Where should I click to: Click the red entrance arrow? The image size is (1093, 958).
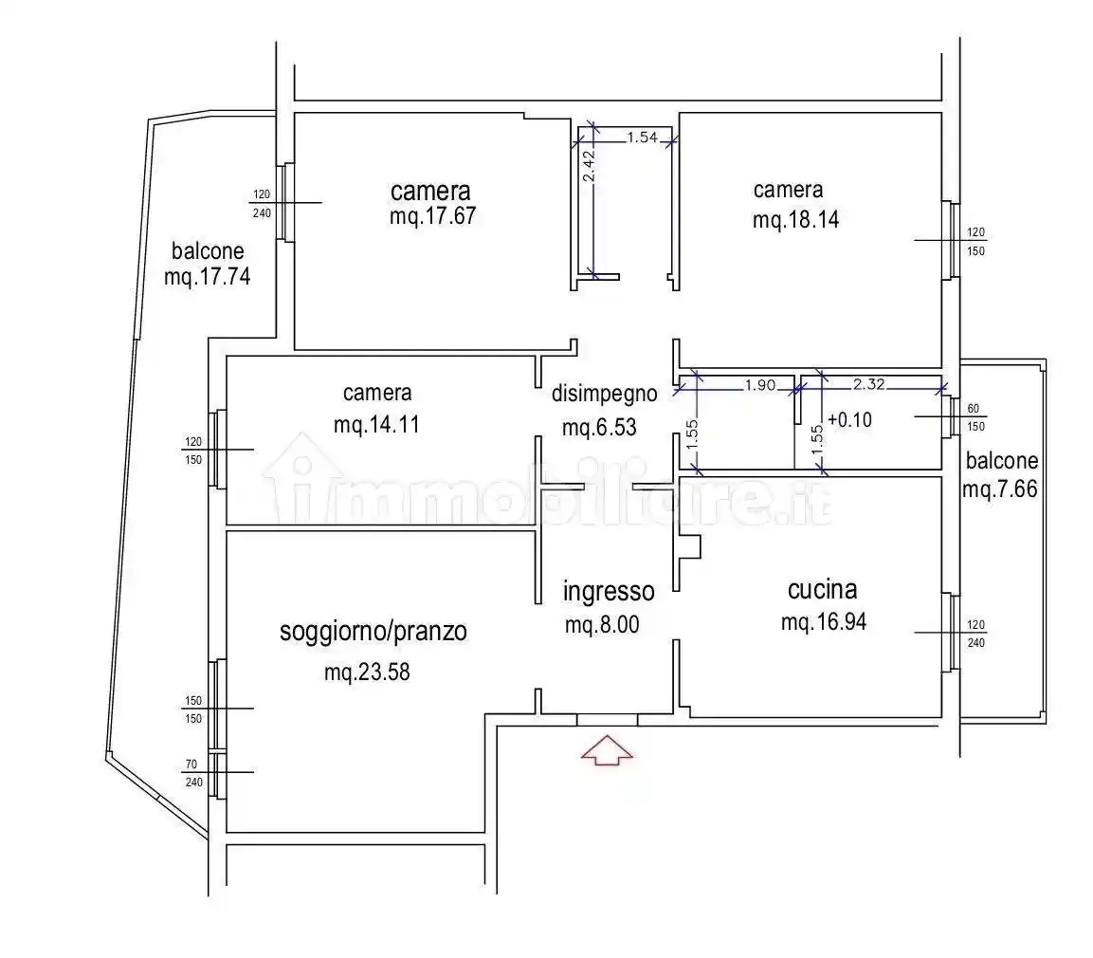coord(607,750)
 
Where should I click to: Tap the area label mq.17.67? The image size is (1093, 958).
coord(433,216)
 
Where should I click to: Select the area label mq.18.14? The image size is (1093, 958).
coord(795,220)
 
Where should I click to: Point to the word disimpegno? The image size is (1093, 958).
coord(605,394)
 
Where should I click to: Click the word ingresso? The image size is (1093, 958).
coord(609,592)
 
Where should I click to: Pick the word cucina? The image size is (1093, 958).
coord(823,590)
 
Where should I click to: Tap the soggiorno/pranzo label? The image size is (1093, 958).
coord(373,632)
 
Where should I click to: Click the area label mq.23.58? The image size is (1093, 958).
coord(367,672)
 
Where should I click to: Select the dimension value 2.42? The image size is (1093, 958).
coord(589,167)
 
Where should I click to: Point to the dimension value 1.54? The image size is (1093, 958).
coord(642,138)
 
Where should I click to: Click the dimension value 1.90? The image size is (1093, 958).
coord(760,385)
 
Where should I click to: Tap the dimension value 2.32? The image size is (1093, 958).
coord(868,383)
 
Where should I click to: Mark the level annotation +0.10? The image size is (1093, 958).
coord(849,420)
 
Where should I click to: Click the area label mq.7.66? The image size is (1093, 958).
coord(999,489)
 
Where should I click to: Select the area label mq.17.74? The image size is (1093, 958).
coord(207,277)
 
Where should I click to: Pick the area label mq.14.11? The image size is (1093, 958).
coord(376,425)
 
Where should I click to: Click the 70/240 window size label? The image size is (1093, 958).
coord(193,773)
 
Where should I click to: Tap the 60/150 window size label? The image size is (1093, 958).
coord(975,417)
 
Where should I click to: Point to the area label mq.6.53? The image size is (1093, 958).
coord(599,428)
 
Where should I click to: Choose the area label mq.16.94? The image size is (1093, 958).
coord(823,622)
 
